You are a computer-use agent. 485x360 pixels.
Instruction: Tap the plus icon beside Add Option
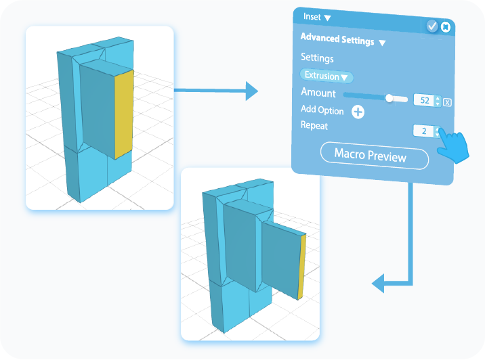pyautogui.click(x=358, y=112)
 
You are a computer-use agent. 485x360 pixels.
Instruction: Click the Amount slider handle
pyautogui.click(x=389, y=98)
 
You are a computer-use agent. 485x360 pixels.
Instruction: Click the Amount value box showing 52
pyautogui.click(x=425, y=100)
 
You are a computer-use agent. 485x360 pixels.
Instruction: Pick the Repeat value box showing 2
pyautogui.click(x=424, y=131)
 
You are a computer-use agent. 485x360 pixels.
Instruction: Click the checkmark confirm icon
pyautogui.click(x=432, y=26)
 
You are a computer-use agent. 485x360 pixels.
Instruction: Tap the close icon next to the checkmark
pyautogui.click(x=445, y=27)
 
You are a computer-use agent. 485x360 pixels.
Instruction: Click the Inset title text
pyautogui.click(x=312, y=17)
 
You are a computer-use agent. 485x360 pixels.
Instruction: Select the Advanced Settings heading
pyautogui.click(x=337, y=40)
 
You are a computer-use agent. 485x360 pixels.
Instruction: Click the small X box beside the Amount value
pyautogui.click(x=448, y=102)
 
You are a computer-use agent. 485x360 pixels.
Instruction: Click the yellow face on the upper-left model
pyautogui.click(x=123, y=112)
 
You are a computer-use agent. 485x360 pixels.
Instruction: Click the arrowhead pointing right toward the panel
pyautogui.click(x=251, y=90)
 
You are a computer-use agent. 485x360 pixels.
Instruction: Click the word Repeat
pyautogui.click(x=314, y=125)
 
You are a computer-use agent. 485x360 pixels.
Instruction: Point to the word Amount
pyautogui.click(x=318, y=93)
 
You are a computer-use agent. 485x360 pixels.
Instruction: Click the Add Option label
pyautogui.click(x=322, y=110)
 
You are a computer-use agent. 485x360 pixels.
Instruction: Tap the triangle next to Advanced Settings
pyautogui.click(x=382, y=43)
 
